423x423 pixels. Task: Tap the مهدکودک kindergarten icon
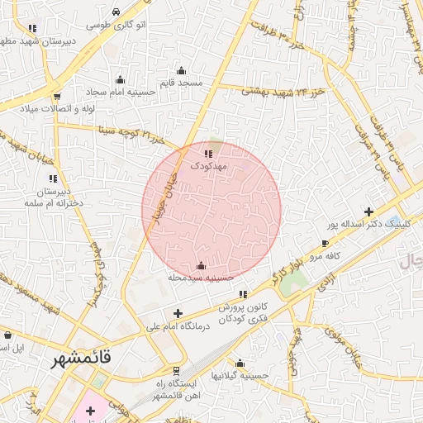click(x=208, y=153)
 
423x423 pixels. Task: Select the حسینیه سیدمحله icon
click(x=202, y=265)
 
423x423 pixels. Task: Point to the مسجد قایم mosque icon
click(x=182, y=70)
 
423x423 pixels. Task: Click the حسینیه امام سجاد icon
click(x=121, y=80)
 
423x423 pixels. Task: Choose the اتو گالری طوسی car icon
click(x=116, y=12)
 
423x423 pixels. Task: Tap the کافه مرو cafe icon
click(x=326, y=243)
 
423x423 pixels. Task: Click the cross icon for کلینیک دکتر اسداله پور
click(x=368, y=212)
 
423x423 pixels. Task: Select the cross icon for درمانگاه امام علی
click(x=178, y=312)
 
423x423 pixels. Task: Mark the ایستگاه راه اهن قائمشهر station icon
click(x=175, y=370)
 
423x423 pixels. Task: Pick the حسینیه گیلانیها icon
click(x=240, y=363)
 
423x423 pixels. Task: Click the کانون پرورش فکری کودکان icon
click(x=242, y=294)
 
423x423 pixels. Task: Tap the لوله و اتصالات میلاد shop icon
click(x=56, y=97)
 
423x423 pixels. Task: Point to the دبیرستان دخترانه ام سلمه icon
click(x=53, y=178)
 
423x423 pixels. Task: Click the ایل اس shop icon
click(x=7, y=335)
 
